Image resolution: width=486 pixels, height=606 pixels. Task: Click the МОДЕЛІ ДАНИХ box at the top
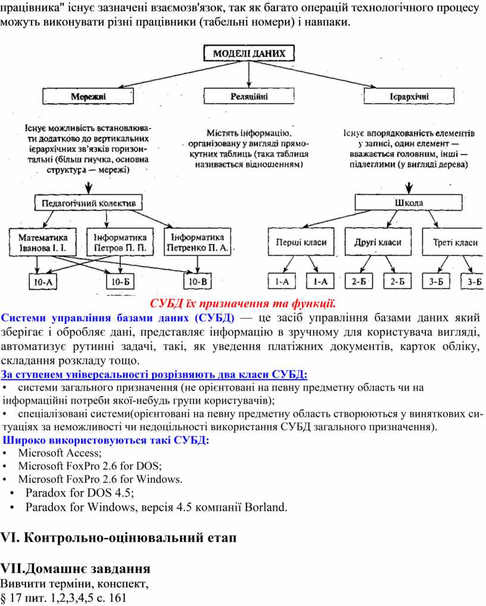249,54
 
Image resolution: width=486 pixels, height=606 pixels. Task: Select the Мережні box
88,96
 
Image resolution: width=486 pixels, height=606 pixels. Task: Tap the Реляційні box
249,96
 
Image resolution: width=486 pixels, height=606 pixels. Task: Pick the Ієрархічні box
409,96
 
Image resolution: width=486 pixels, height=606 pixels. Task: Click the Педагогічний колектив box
88,203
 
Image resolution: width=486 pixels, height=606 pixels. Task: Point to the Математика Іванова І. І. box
43,242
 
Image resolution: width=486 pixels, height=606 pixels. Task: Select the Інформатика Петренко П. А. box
197,242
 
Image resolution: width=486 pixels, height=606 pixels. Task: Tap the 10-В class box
198,282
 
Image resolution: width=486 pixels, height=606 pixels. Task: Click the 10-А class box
43,282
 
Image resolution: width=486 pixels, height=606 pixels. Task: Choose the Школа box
409,202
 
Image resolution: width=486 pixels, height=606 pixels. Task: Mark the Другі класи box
378,242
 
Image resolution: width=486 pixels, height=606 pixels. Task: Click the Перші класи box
301,242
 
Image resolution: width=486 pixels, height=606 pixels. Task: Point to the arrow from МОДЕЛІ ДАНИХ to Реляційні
249,74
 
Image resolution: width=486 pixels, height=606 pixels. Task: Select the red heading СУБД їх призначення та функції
242,304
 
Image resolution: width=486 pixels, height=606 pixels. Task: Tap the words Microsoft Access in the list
60,453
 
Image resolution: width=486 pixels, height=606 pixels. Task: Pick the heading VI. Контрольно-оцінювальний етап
119,538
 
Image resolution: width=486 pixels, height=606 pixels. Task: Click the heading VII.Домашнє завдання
76,568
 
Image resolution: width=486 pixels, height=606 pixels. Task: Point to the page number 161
118,598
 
